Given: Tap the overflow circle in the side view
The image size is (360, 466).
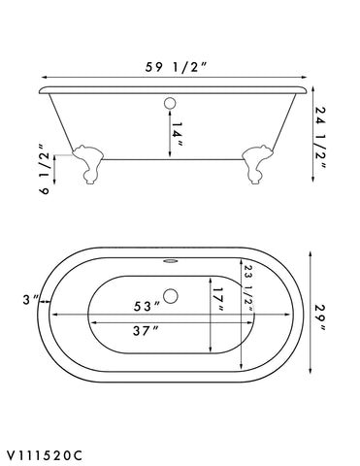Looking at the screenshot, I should (x=172, y=99).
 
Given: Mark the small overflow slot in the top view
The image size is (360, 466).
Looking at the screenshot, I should (x=172, y=259).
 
